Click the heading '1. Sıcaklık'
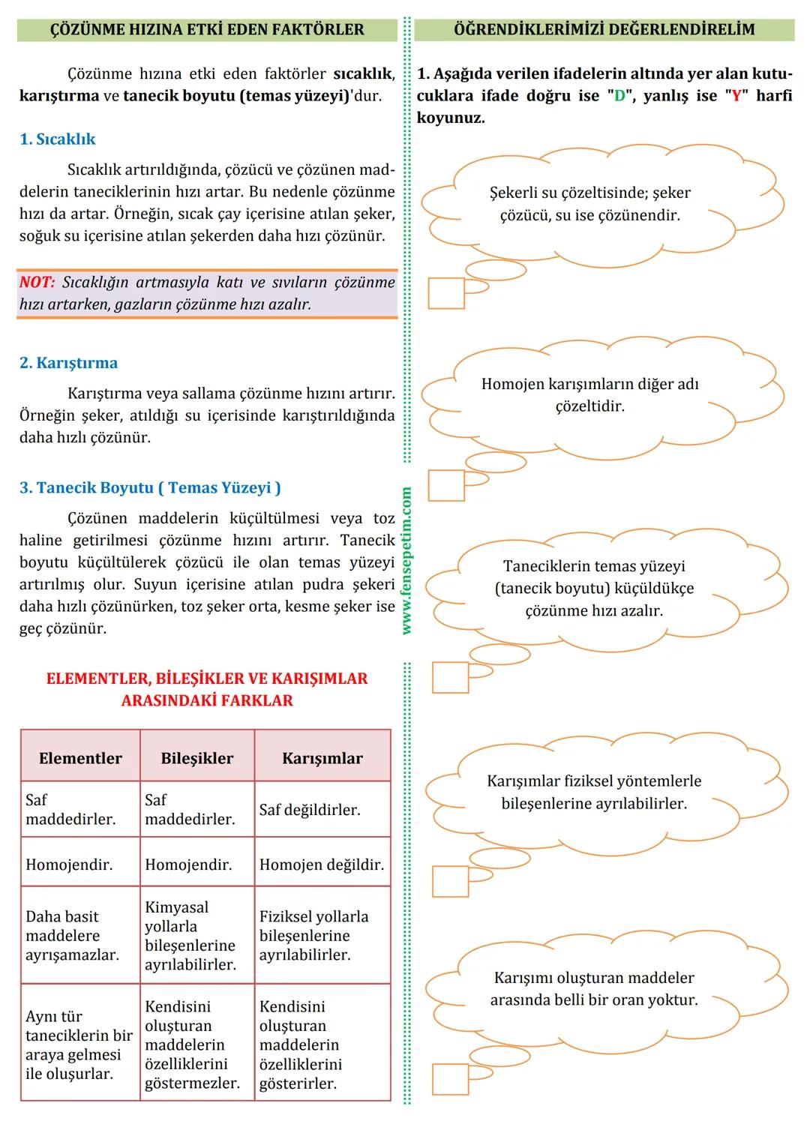coord(58,139)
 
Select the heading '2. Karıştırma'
coord(68,363)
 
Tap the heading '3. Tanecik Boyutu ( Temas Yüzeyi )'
coord(150,488)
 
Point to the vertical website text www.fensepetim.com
coord(406,561)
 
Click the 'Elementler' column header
coord(80,758)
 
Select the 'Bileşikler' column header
coord(196,758)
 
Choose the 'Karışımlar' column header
coord(322,758)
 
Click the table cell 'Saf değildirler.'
coord(310,810)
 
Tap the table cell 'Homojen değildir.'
coord(322,865)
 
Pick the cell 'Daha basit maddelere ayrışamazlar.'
coord(73,936)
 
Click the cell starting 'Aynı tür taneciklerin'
coord(79,1045)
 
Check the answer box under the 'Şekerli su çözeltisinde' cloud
coord(446,293)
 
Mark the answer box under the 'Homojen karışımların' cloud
coord(446,485)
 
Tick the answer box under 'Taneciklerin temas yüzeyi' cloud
coord(451,678)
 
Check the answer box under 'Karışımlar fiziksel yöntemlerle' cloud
coord(451,881)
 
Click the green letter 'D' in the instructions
coord(619,96)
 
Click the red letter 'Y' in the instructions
coord(736,96)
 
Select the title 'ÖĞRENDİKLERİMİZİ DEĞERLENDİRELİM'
coord(604,30)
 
